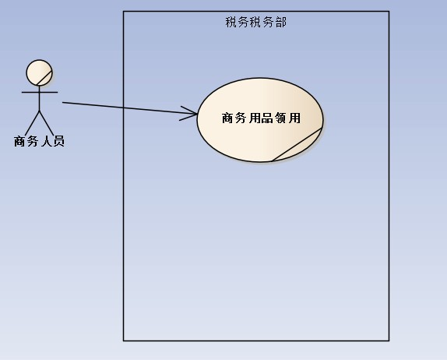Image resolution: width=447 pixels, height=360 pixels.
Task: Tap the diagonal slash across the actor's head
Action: [x=44, y=78]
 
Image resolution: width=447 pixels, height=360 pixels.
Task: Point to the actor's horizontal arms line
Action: [x=40, y=92]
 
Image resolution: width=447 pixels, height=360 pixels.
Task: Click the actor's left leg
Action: [x=32, y=123]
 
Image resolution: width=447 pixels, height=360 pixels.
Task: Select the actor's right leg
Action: [x=47, y=123]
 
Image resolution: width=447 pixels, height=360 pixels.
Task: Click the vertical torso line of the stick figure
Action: [x=40, y=98]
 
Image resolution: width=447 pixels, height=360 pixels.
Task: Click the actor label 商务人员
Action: [x=40, y=141]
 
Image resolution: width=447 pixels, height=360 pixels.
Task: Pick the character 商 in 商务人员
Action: [x=19, y=141]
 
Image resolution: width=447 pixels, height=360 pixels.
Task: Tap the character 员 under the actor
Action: [x=58, y=141]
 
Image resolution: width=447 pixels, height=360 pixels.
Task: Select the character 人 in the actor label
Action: [x=46, y=141]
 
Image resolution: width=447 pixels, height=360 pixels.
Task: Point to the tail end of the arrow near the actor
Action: [x=62, y=102]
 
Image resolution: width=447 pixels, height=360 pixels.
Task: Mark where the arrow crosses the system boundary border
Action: [x=124, y=108]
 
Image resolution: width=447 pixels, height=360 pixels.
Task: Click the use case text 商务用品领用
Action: [x=261, y=118]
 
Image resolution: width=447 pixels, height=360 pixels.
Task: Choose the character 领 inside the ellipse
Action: [x=281, y=118]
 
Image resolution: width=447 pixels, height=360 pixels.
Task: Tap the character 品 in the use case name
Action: [x=267, y=118]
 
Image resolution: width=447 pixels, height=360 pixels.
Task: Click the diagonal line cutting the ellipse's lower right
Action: [x=297, y=145]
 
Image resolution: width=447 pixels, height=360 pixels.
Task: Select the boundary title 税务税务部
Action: [x=255, y=23]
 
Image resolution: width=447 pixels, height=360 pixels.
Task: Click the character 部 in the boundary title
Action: [x=281, y=23]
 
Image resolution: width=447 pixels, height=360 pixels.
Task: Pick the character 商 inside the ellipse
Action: [x=227, y=118]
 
